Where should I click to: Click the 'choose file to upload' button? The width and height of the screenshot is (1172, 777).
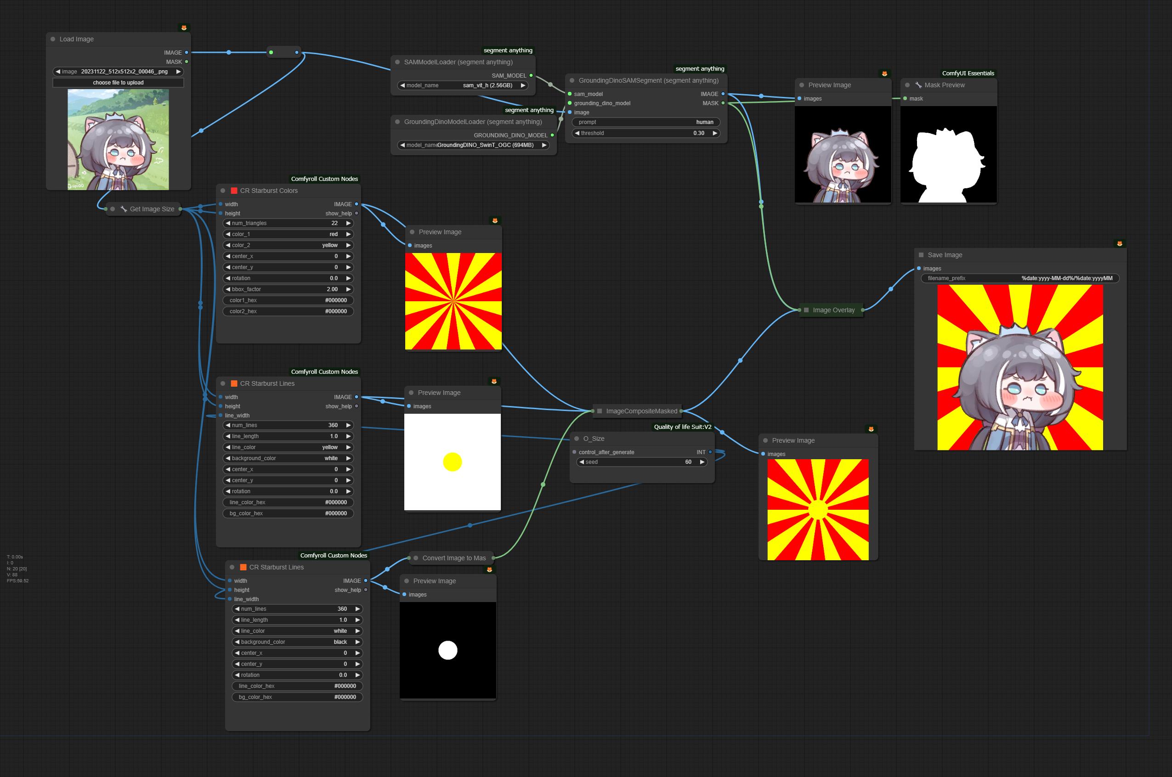coord(118,83)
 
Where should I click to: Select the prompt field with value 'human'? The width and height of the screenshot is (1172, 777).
coord(645,122)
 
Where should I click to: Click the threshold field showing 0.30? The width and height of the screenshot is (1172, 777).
coord(645,133)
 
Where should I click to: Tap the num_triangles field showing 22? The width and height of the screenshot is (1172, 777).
coord(288,223)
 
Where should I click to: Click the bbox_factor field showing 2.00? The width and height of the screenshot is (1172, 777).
coord(288,289)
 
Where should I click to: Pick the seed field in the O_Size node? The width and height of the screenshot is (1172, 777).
coord(641,462)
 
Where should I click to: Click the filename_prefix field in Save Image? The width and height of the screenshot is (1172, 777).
coord(1019,278)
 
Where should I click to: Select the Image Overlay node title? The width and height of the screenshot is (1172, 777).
coord(833,310)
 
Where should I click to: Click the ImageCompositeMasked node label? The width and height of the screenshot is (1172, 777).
coord(641,411)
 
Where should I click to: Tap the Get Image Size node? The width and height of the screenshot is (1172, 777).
coord(152,209)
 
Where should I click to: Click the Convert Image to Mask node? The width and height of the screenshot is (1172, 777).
coord(453,558)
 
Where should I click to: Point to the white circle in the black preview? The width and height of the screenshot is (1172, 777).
coord(447,650)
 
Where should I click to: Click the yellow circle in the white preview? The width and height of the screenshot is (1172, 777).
coord(452,462)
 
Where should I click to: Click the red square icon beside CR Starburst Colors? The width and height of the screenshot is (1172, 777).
coord(234,191)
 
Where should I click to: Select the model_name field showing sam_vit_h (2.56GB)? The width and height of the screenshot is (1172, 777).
coord(463,85)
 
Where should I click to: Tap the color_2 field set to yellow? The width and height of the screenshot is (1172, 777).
coord(288,245)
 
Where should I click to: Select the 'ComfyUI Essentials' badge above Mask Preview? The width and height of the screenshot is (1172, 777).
coord(968,73)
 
